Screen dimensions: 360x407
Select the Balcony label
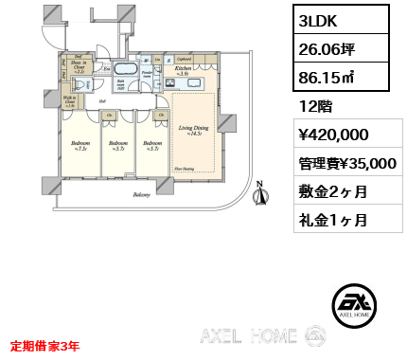click(141, 197)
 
